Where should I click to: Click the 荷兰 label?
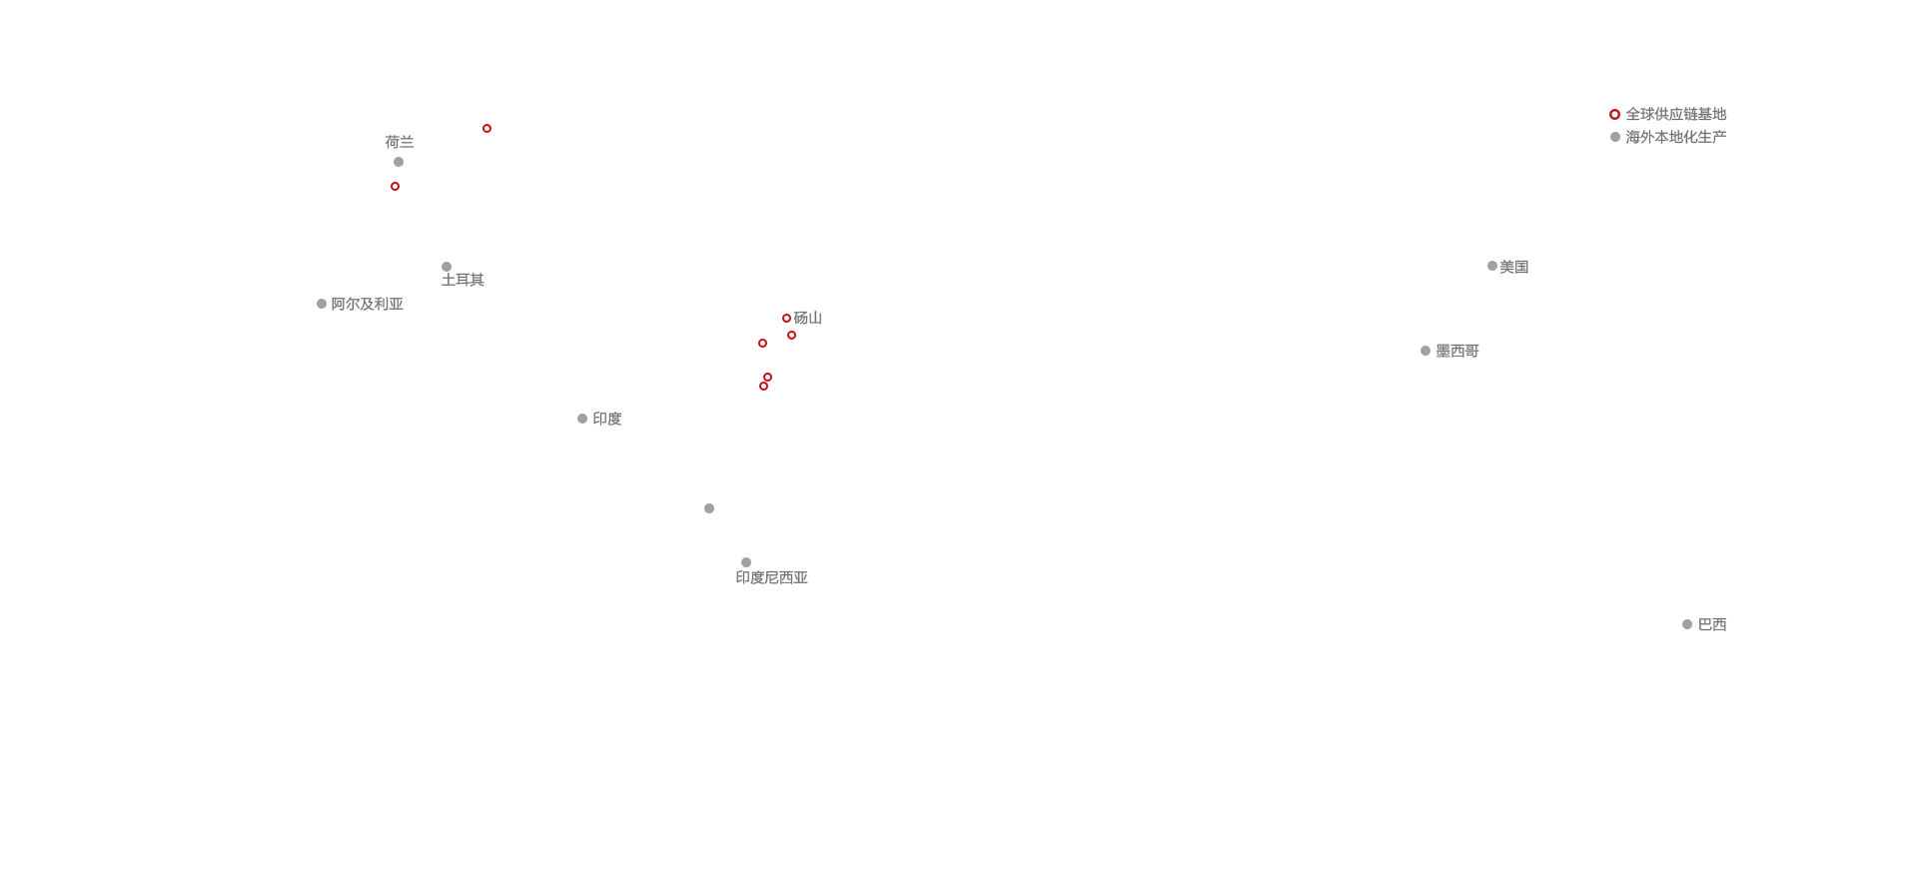(x=400, y=142)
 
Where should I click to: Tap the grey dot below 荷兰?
(x=399, y=162)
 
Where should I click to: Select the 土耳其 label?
(x=463, y=280)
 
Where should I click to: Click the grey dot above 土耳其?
(x=447, y=267)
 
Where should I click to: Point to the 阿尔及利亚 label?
(x=367, y=304)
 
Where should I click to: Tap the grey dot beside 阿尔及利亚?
(x=322, y=304)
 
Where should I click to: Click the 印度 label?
(x=607, y=419)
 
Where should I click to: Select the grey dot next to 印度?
(x=582, y=419)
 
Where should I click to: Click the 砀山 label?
(x=808, y=318)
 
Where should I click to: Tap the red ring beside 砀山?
(x=786, y=319)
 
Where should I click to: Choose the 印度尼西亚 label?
(x=772, y=577)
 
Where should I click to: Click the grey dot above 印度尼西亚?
(x=746, y=562)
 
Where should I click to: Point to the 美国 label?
(x=1514, y=267)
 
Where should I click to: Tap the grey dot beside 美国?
(x=1492, y=266)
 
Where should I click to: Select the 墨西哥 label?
(x=1457, y=351)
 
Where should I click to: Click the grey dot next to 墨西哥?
(x=1426, y=351)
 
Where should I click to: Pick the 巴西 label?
(x=1712, y=624)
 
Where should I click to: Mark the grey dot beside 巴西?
(x=1687, y=624)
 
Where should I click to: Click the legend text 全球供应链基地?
(x=1676, y=114)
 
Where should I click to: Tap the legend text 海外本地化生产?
(x=1676, y=137)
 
